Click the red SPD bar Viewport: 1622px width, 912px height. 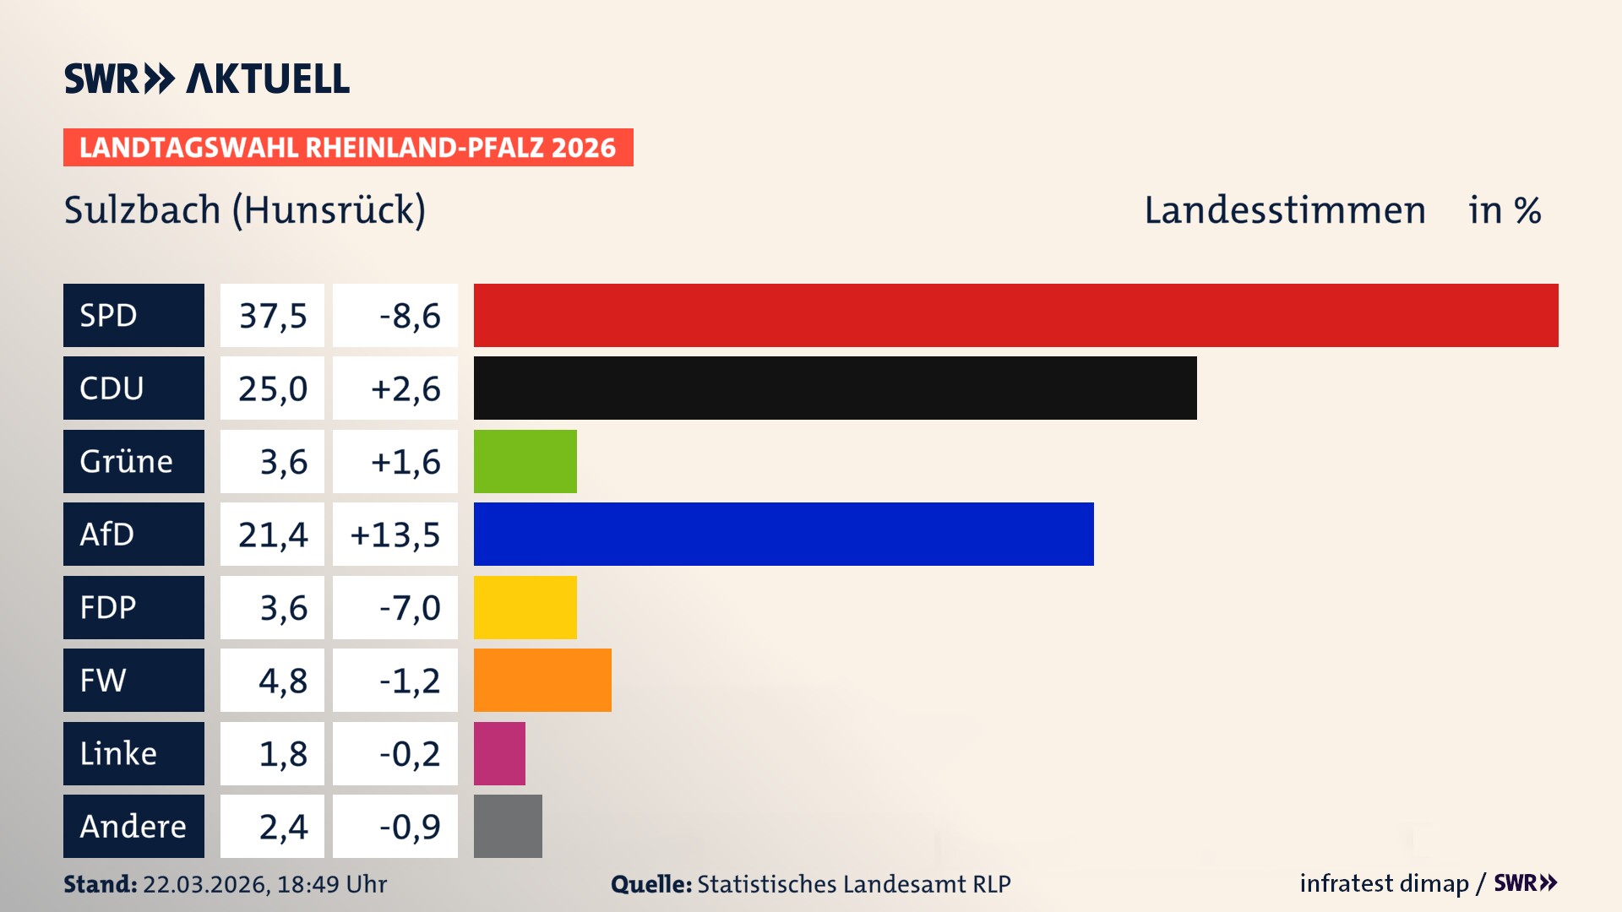coord(1015,315)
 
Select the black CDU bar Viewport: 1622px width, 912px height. coord(835,388)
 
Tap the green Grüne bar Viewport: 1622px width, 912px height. coord(525,461)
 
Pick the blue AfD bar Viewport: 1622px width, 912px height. coord(783,534)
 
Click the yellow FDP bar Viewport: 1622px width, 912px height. coord(525,607)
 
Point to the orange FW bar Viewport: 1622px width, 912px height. coord(542,680)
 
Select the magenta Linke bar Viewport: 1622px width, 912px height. coord(499,753)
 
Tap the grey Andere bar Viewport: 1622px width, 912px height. coord(508,826)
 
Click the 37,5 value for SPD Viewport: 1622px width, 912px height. coord(272,316)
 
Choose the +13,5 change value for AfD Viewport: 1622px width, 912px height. coord(395,535)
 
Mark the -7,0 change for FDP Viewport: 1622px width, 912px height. coord(410,608)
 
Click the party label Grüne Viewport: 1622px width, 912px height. coord(127,462)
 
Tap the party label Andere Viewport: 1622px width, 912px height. coord(133,827)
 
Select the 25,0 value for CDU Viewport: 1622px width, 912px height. coord(272,388)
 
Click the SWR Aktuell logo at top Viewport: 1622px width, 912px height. coord(207,79)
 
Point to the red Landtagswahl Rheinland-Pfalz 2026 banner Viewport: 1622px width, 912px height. coord(348,148)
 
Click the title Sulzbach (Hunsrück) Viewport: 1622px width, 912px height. coord(245,210)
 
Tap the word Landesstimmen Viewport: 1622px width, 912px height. coord(1284,210)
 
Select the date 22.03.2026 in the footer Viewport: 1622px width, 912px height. coord(205,884)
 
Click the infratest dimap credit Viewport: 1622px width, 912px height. coord(1384,883)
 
